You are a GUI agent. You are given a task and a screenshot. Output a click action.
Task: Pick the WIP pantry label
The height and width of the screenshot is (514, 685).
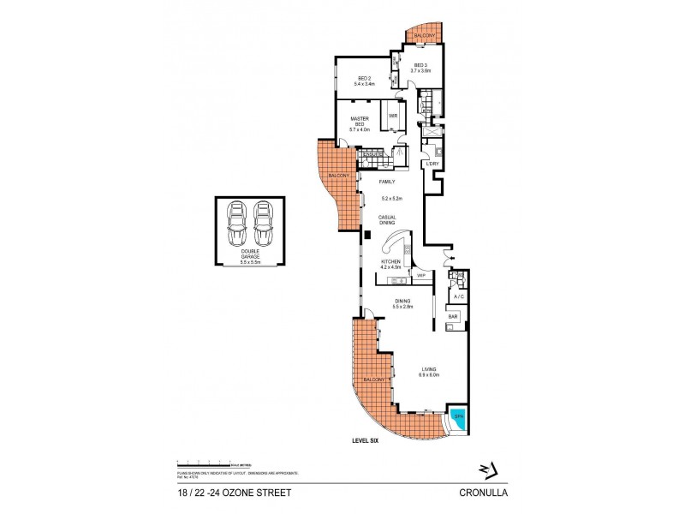420,276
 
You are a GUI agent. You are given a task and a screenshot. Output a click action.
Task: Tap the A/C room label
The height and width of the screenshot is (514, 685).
458,296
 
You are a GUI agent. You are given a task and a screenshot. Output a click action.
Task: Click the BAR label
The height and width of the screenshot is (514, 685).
452,317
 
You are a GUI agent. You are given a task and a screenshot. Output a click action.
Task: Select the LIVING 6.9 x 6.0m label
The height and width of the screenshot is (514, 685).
428,373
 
